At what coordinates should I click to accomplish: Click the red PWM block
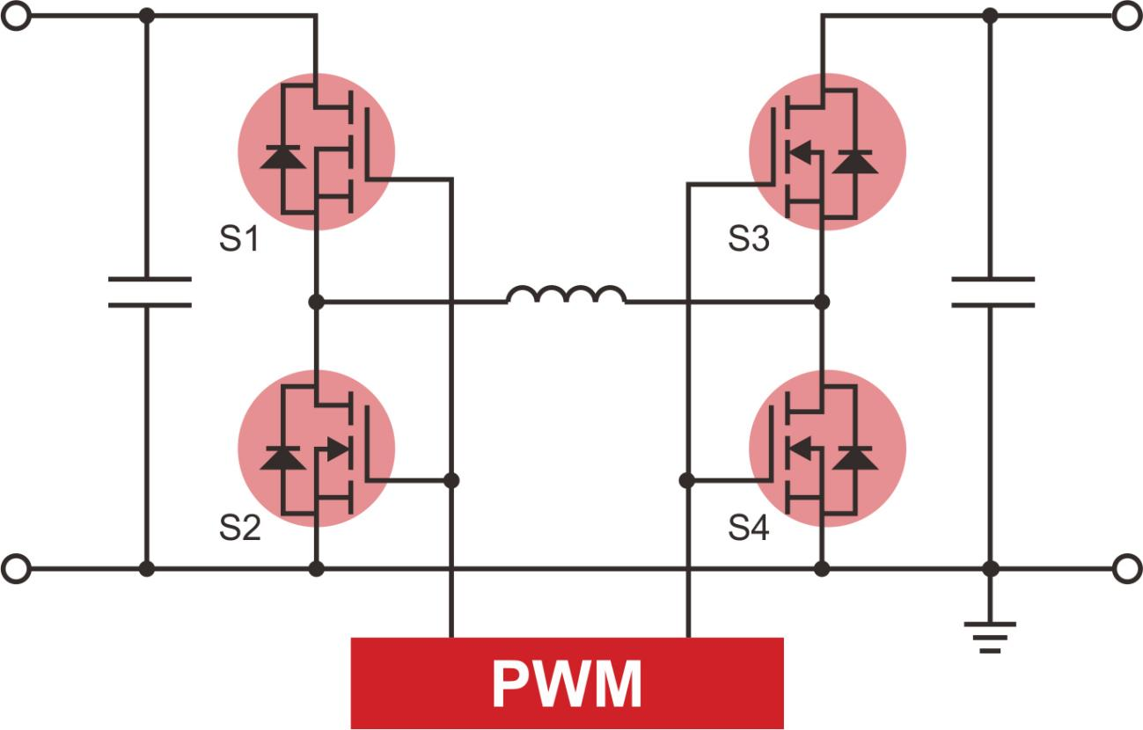[x=567, y=683]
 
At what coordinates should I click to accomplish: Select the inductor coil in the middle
[x=567, y=296]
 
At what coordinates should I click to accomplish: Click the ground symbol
[x=990, y=636]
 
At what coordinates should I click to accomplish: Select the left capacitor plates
[x=149, y=292]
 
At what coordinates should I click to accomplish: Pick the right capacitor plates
[x=993, y=292]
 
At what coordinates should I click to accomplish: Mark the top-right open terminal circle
[x=1126, y=16]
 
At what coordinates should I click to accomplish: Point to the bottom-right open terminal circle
[x=1126, y=569]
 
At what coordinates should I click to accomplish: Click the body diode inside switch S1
[x=282, y=157]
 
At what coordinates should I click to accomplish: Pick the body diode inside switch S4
[x=854, y=458]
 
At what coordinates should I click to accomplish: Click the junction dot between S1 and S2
[x=317, y=302]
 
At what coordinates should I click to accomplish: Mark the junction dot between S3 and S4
[x=822, y=302]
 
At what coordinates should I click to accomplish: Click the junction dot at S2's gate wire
[x=451, y=480]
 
